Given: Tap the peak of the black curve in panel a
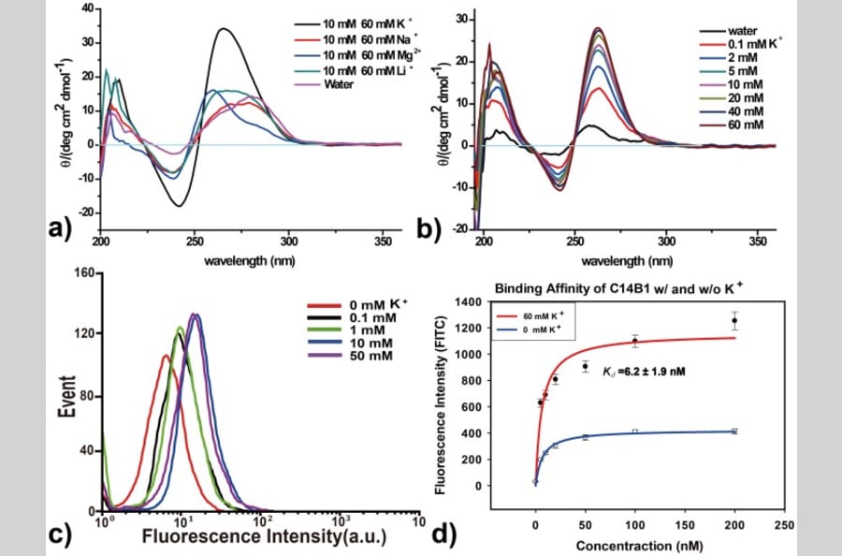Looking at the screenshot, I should pos(223,28).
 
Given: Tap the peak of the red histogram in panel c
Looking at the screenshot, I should pos(165,356).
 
